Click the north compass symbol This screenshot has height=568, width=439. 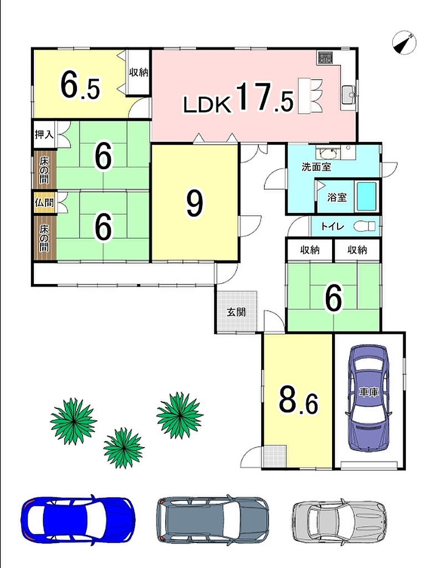click(404, 42)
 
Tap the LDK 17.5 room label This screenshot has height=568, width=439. click(238, 98)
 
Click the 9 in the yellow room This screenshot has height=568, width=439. click(195, 204)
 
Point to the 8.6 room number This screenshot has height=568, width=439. click(299, 400)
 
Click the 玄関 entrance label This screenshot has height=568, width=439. click(236, 312)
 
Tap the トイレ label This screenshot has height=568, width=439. click(333, 226)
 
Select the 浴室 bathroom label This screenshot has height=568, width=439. click(337, 197)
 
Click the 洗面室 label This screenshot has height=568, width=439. click(317, 167)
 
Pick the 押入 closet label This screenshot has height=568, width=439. click(44, 134)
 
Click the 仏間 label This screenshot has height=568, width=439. click(44, 202)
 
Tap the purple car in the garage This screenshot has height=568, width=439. click(369, 397)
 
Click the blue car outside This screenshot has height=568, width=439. click(78, 519)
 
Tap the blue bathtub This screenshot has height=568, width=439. click(366, 196)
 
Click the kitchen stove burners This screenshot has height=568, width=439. click(325, 58)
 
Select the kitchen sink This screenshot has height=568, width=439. click(349, 95)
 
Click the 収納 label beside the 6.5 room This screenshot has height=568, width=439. click(139, 72)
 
